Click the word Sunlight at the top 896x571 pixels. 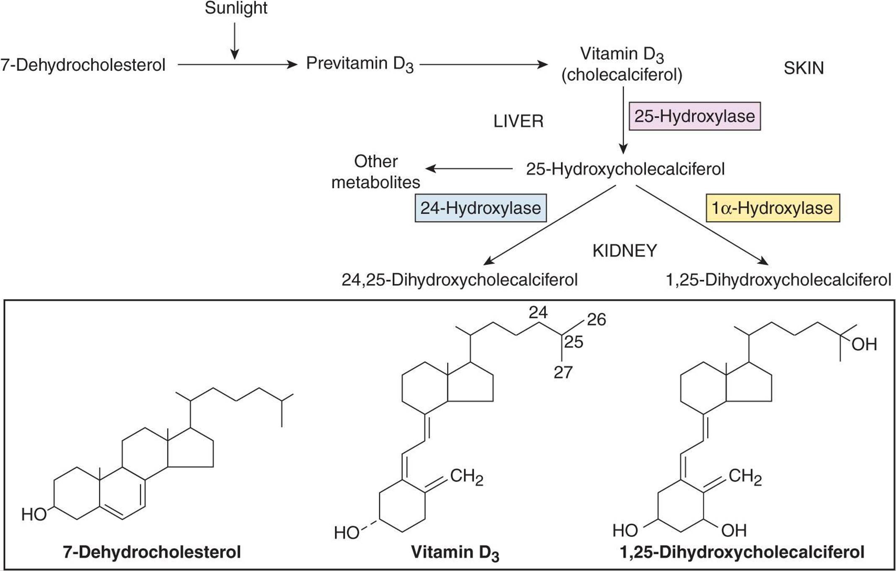click(236, 8)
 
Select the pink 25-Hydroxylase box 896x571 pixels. click(694, 116)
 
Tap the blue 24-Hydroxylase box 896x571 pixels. click(481, 208)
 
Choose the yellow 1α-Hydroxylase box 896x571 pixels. click(773, 208)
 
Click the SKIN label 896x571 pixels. click(803, 68)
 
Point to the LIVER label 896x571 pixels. click(518, 122)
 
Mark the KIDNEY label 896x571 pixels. click(625, 251)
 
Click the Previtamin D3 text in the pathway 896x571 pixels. click(359, 64)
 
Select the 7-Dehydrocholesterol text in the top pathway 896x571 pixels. click(83, 65)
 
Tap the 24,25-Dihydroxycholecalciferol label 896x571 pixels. click(459, 280)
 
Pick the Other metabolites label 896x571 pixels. click(376, 172)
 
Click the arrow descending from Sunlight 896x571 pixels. click(235, 41)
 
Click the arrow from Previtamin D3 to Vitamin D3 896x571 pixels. click(484, 65)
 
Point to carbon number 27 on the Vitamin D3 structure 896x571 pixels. click(563, 373)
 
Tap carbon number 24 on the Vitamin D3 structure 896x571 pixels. click(538, 313)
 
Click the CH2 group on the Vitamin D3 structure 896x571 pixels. click(466, 477)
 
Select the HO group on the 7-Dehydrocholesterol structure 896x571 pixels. click(34, 514)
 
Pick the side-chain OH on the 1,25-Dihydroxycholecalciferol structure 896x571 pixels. click(864, 345)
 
